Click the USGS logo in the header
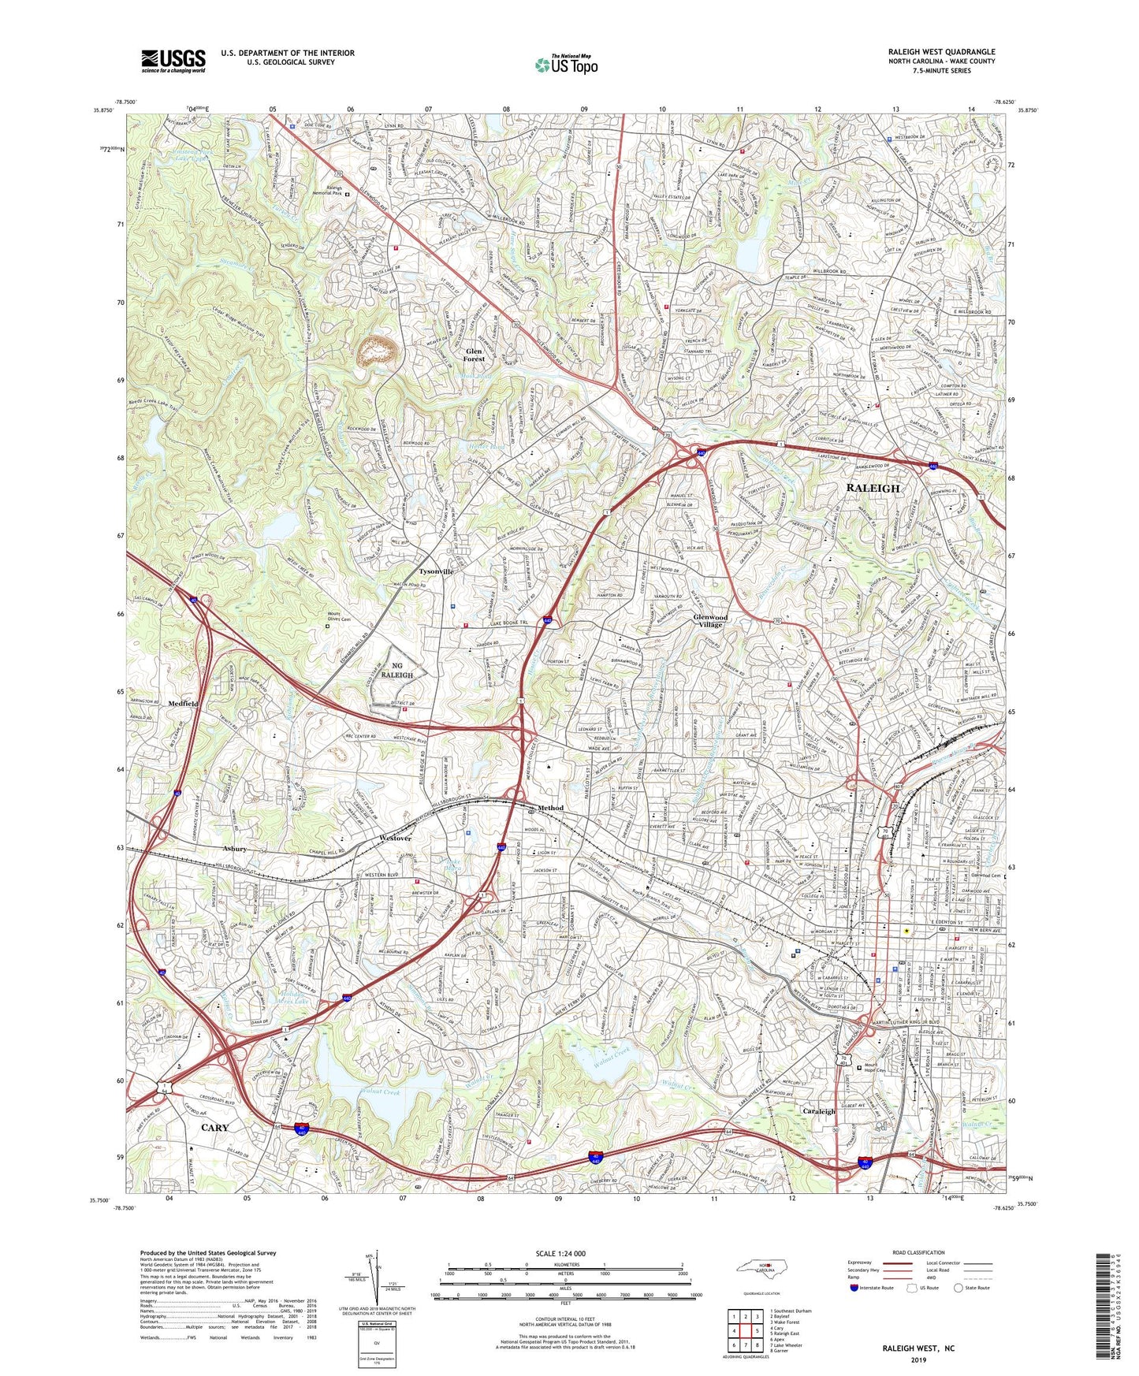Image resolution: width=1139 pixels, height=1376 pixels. pos(173,61)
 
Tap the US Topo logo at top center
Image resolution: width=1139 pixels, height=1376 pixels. pos(565,65)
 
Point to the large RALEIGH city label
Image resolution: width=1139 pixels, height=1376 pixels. pos(873,489)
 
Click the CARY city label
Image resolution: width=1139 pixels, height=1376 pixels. pos(214,1128)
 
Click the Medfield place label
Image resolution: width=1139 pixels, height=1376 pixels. pos(183,703)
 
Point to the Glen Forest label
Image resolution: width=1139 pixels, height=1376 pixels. pos(474,355)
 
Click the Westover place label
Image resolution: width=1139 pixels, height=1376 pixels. pos(396,838)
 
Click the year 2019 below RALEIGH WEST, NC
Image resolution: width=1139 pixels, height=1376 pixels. pos(918,1360)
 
